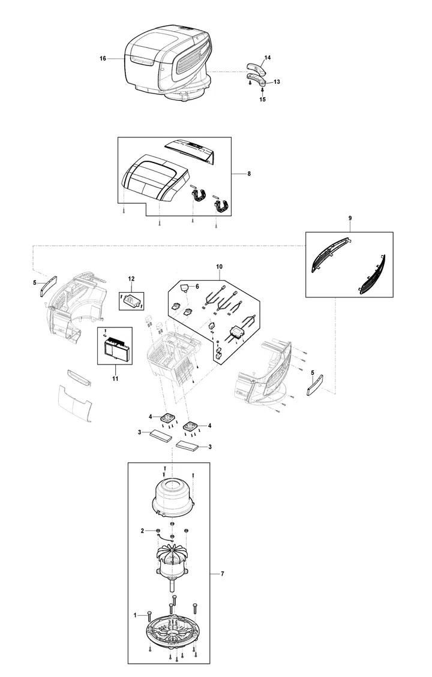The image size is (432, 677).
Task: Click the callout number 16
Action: point(103,58)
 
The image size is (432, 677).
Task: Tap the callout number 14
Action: point(268,58)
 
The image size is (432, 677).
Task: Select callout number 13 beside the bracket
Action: point(277,82)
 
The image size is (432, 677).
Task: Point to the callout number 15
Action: point(263,100)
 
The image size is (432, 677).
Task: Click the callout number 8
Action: point(249,173)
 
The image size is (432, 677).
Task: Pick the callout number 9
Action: point(350,218)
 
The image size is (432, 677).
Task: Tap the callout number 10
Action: point(220,267)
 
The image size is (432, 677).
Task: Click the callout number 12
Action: point(131,279)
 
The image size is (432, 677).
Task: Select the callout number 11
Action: point(115,378)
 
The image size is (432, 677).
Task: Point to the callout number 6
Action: point(197,286)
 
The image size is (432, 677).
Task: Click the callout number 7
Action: point(223,574)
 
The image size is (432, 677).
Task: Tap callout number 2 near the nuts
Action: point(142,531)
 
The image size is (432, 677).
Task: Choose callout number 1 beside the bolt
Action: point(135,615)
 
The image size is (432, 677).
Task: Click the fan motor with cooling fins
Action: point(172,561)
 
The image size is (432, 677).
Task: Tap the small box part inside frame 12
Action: point(131,300)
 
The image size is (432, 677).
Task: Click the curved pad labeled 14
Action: point(256,68)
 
